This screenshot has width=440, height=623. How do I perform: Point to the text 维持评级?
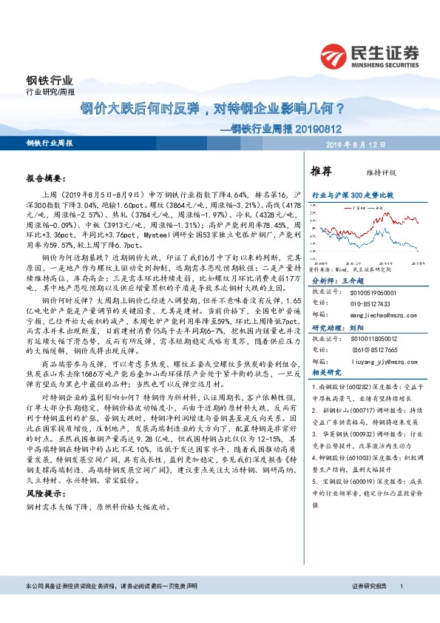tap(374, 172)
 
